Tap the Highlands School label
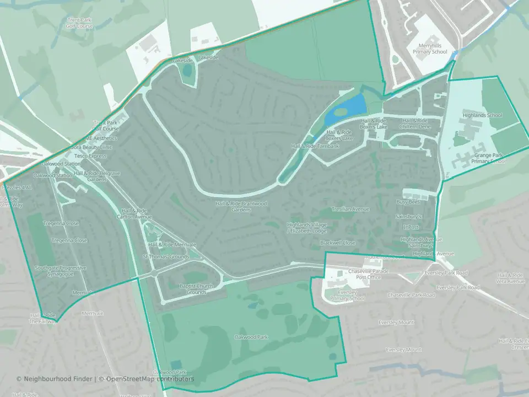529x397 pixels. (x=483, y=115)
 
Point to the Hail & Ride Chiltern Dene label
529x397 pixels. (x=415, y=123)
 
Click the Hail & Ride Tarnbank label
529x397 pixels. (x=315, y=146)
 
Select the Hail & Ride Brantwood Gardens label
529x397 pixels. (x=241, y=206)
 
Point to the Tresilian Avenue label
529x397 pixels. (x=350, y=210)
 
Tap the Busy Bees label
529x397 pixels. (x=408, y=202)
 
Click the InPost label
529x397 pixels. (x=411, y=227)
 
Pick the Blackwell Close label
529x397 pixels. (x=338, y=243)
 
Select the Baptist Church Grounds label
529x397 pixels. (x=196, y=289)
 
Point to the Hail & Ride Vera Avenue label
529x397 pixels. (x=510, y=278)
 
